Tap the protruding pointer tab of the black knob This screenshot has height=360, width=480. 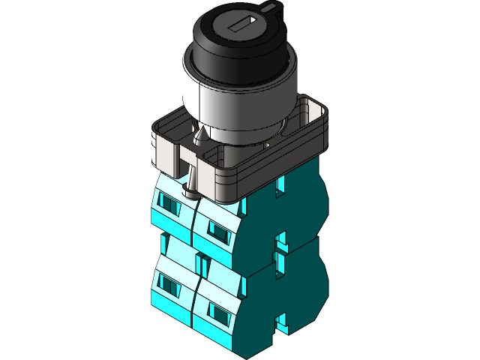pyautogui.click(x=269, y=9)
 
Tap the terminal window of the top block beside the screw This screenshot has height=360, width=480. pyautogui.click(x=170, y=204)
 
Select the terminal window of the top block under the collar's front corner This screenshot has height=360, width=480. pyautogui.click(x=218, y=229)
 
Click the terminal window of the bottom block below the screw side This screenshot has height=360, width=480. pyautogui.click(x=169, y=284)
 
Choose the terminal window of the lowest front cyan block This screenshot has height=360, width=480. pyautogui.click(x=218, y=310)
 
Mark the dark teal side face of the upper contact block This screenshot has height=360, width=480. pyautogui.click(x=296, y=210)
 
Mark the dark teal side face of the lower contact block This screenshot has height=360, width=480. pyautogui.click(x=296, y=289)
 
